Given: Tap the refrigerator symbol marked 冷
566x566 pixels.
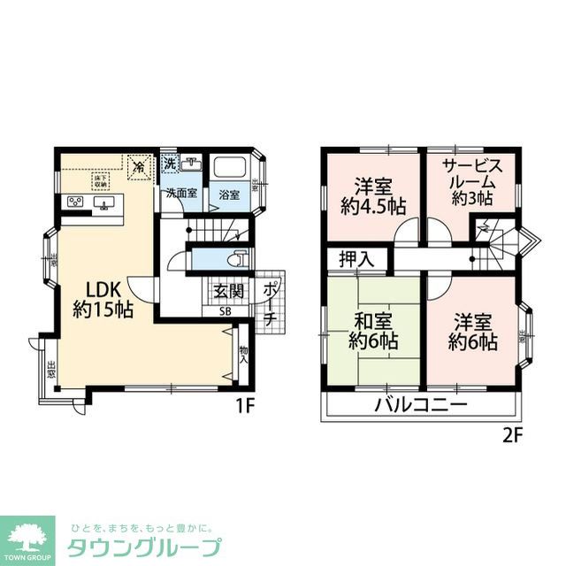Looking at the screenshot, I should click(x=138, y=164).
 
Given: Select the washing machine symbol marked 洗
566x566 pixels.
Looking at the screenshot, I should click(x=169, y=164).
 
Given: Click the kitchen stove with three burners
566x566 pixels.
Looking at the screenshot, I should click(x=74, y=203).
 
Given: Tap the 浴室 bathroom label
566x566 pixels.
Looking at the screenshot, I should click(x=229, y=195).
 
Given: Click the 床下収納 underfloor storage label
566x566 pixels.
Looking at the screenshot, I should click(x=98, y=180).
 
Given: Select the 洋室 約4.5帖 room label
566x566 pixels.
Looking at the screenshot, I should click(x=373, y=196).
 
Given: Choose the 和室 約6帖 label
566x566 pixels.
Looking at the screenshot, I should click(x=372, y=329).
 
